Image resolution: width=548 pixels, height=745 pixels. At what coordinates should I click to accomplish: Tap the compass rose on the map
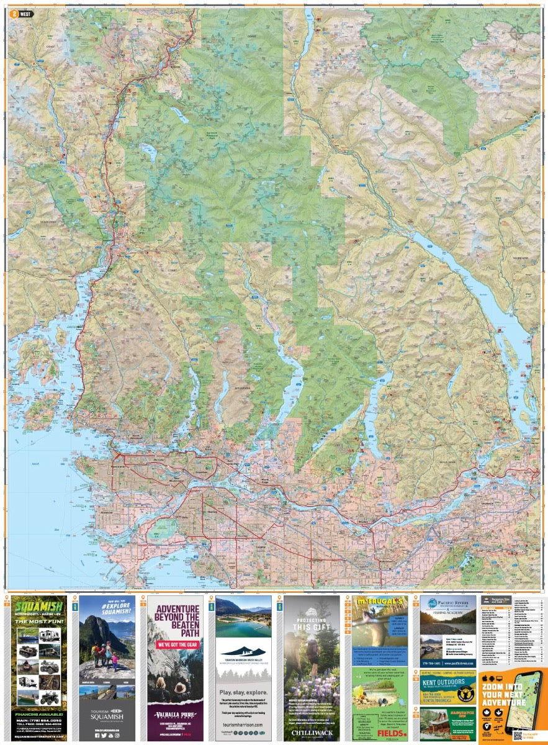coord(516,34)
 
